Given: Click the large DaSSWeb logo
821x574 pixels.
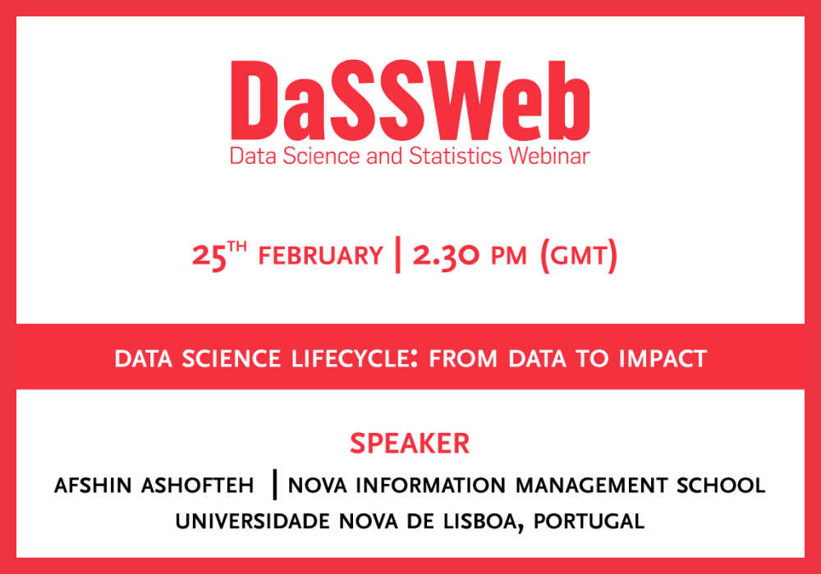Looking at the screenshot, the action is [410, 100].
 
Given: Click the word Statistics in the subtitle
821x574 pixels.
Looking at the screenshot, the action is [456, 156].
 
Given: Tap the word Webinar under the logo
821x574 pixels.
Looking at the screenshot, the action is [549, 156].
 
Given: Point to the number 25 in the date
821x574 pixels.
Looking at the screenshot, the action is [209, 257].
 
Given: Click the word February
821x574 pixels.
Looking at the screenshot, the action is [320, 256].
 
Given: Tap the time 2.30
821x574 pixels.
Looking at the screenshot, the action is [446, 256].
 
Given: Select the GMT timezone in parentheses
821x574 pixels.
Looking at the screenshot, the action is [579, 256].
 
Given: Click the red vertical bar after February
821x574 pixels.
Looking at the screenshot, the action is [398, 254].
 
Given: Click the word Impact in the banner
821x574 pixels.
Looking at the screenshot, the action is [663, 358].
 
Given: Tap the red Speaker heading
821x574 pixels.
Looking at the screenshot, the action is [410, 444].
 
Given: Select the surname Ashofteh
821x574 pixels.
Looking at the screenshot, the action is [197, 485].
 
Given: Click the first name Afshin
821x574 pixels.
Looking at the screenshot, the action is [93, 485].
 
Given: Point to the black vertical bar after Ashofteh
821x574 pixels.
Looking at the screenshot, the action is [275, 485].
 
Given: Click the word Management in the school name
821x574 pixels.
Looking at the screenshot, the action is [591, 485].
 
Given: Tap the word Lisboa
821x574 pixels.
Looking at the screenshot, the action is [483, 522].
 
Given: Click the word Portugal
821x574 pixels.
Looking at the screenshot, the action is [589, 522].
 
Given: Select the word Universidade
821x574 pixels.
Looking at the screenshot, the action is [252, 522].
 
